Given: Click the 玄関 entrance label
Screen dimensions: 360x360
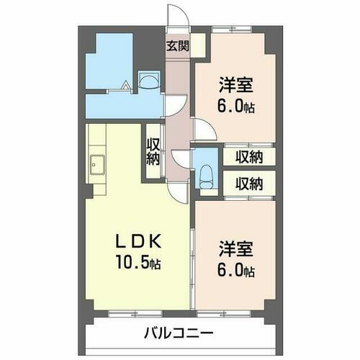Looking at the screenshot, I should coord(178,48).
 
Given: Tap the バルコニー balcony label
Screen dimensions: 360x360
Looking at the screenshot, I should coord(178,333).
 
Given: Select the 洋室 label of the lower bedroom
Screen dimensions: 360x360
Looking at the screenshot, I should coord(235,252).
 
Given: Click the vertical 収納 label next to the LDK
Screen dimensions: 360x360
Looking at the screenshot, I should coord(153,152).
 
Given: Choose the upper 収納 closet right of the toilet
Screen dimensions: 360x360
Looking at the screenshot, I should coord(247,156).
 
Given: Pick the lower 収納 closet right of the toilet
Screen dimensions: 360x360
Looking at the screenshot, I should coord(247,182).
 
